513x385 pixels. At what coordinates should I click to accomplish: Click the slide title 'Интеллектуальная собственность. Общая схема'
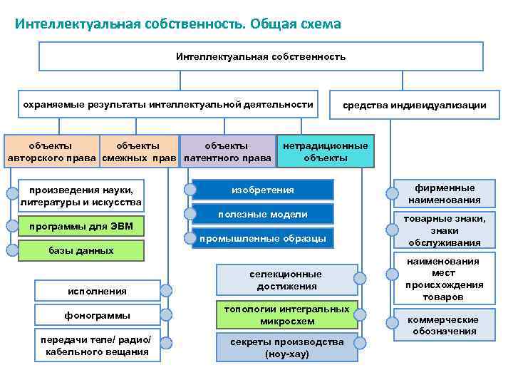click(x=178, y=24)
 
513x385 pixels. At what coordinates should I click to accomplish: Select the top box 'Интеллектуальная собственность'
click(x=260, y=56)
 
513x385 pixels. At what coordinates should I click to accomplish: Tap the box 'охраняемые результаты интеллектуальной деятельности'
click(x=167, y=105)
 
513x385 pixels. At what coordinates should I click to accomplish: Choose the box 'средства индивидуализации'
click(x=414, y=105)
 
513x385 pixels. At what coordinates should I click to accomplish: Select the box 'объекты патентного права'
click(x=227, y=152)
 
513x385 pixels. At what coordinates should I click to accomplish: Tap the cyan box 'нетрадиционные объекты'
click(x=325, y=152)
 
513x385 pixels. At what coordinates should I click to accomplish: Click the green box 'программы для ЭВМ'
click(x=81, y=227)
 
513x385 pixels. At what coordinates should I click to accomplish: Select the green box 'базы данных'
click(x=81, y=250)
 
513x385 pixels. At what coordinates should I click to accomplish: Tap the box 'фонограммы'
click(x=98, y=315)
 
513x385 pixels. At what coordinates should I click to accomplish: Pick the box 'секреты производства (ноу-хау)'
click(x=286, y=347)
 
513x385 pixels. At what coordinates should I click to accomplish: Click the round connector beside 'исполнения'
click(x=165, y=290)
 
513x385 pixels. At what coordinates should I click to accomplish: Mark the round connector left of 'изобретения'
click(x=190, y=190)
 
